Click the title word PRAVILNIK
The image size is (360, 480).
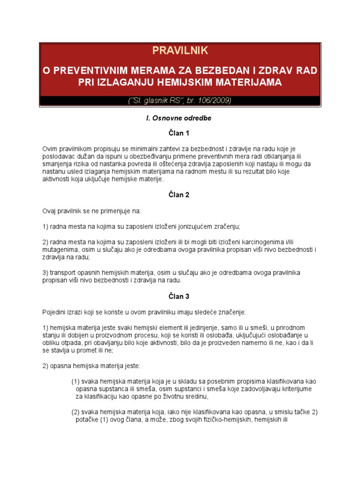[180, 50]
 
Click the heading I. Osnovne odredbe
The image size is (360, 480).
[180, 118]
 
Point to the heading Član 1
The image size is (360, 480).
[180, 133]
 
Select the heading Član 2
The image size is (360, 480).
[180, 195]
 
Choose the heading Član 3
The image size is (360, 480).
[180, 296]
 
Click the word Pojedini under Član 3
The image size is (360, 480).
[55, 312]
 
